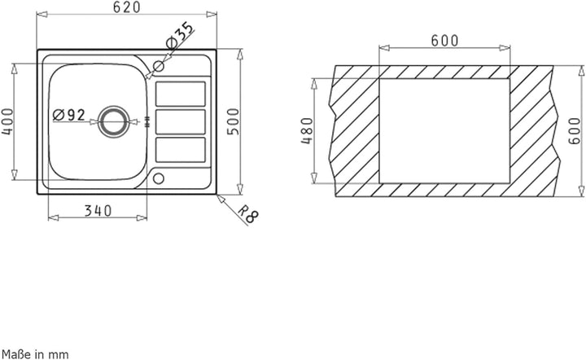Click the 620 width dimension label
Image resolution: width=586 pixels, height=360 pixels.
click(127, 7)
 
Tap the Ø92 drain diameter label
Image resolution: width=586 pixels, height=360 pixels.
click(69, 115)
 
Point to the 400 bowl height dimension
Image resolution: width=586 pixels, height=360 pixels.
click(7, 121)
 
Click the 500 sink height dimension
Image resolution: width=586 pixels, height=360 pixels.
click(233, 121)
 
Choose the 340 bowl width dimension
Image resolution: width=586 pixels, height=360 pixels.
click(98, 211)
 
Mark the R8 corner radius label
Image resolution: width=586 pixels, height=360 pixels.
click(248, 214)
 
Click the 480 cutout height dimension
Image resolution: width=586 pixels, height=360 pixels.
click(307, 131)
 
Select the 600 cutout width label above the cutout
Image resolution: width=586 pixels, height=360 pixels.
click(444, 41)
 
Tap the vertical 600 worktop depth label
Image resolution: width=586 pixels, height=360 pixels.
click(575, 131)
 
